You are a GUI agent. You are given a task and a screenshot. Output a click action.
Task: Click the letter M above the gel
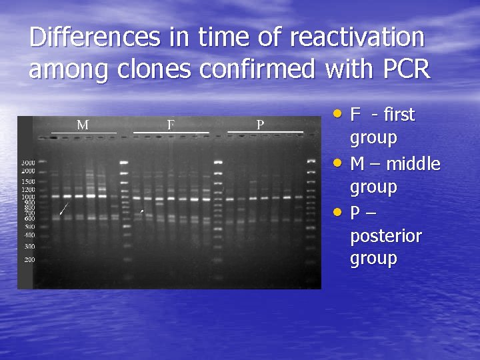point(83,125)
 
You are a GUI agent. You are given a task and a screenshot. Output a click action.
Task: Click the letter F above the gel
point(171,125)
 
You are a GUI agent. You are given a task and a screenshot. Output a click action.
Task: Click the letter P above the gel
point(260,125)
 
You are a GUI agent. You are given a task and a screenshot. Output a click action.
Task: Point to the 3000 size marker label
point(28,163)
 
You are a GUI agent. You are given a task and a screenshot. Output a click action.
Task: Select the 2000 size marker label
point(28,171)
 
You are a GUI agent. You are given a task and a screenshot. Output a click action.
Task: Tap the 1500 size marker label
point(28,181)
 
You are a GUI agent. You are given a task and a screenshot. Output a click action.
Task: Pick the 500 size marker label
point(29,227)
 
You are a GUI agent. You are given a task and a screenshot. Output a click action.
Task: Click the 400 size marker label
point(29,235)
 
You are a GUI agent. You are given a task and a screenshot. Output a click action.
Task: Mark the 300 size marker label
point(29,247)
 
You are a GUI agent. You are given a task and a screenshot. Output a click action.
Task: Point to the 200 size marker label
point(29,259)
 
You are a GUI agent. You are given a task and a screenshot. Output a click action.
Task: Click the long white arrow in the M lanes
point(63,208)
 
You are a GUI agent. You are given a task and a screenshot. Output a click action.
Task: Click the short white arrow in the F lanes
point(141,211)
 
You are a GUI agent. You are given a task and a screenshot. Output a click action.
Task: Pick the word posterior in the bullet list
point(386,236)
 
